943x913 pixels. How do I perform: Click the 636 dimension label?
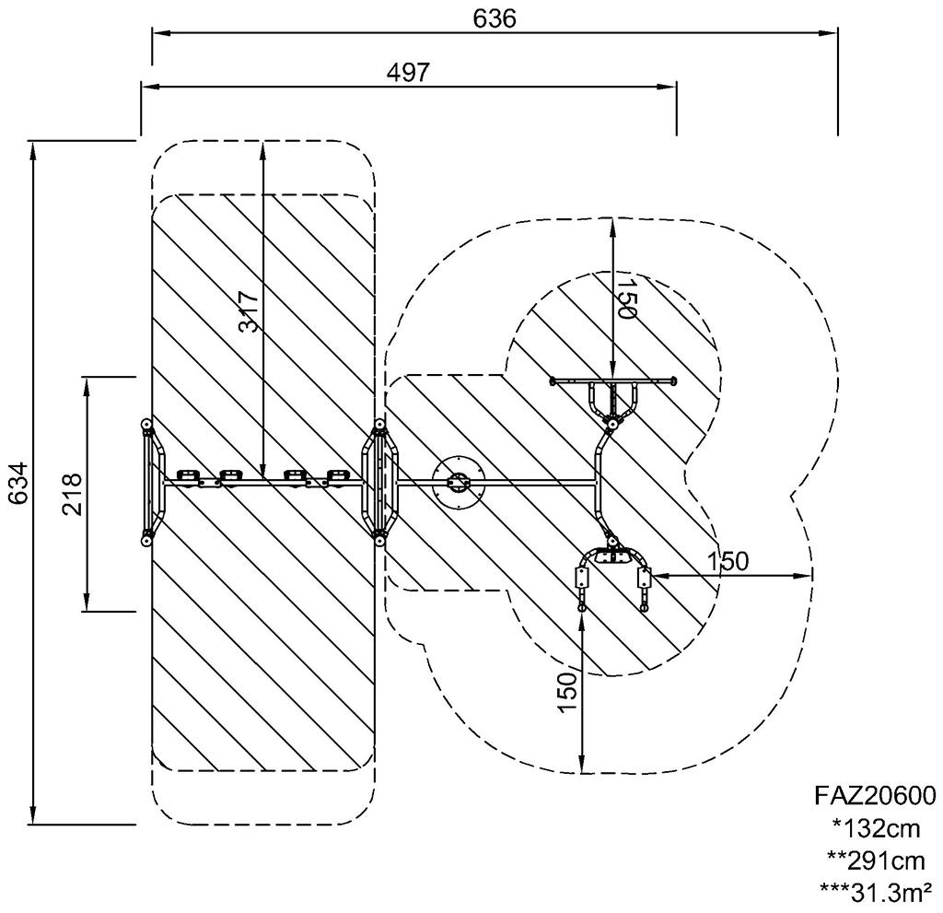pyautogui.click(x=495, y=18)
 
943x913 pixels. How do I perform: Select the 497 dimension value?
pyautogui.click(x=408, y=73)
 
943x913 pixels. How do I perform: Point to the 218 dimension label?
pyautogui.click(x=72, y=494)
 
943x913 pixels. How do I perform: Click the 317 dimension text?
pyautogui.click(x=248, y=311)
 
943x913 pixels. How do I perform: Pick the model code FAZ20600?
pyautogui.click(x=875, y=796)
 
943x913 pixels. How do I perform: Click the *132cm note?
pyautogui.click(x=877, y=829)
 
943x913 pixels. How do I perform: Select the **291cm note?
pyautogui.click(x=876, y=861)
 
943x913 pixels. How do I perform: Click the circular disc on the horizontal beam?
pyautogui.click(x=459, y=483)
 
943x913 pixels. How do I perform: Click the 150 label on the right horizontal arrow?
pyautogui.click(x=728, y=561)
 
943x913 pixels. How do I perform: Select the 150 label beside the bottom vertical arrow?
pyautogui.click(x=567, y=693)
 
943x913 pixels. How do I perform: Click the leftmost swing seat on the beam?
pyautogui.click(x=188, y=476)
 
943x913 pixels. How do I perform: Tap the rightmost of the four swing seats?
pyautogui.click(x=338, y=476)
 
